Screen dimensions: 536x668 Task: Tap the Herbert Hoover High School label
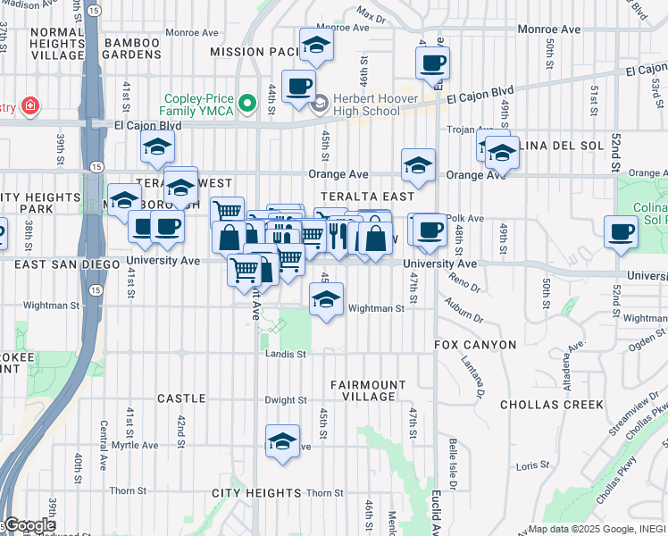[366, 105]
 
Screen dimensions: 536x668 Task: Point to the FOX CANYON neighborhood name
[475, 345]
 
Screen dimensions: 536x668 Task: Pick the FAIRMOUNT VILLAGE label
[363, 389]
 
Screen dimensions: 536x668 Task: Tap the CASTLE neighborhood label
[181, 398]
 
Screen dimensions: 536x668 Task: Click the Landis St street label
[286, 354]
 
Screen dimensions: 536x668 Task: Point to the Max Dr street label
[370, 15]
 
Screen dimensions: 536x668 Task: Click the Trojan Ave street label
[464, 130]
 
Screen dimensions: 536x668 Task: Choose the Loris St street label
[532, 465]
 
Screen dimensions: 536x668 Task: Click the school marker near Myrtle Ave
[283, 441]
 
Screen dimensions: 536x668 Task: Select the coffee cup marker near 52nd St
[621, 231]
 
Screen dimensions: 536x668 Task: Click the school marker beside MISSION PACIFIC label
[315, 46]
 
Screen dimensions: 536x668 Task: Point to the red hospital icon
[31, 106]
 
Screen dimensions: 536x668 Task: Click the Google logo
[29, 525]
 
